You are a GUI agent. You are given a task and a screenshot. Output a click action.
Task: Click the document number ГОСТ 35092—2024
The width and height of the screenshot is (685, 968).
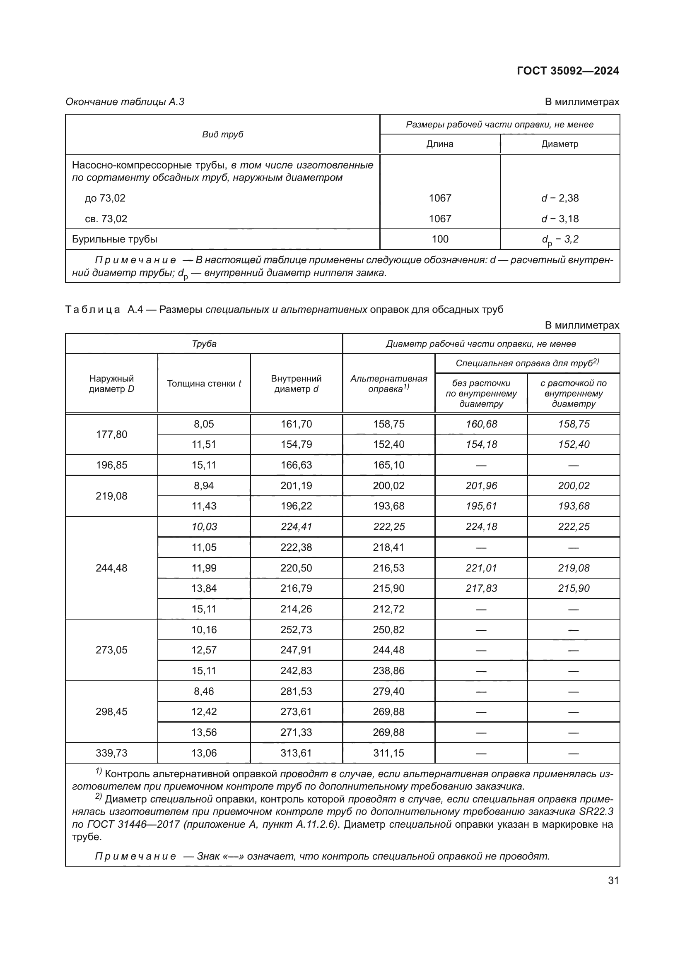(x=568, y=71)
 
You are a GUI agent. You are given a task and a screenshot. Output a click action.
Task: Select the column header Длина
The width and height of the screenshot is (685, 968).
(x=439, y=144)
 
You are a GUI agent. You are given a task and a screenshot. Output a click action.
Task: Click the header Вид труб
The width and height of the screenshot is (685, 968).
(x=222, y=135)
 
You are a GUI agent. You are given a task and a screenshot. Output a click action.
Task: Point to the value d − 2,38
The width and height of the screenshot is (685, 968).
(x=560, y=198)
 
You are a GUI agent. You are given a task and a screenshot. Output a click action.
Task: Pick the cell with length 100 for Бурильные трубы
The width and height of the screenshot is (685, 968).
(x=439, y=240)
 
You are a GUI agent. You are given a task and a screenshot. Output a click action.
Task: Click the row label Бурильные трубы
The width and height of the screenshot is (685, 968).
(x=115, y=240)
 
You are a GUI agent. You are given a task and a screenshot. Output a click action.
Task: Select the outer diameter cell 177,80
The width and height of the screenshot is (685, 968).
(x=111, y=434)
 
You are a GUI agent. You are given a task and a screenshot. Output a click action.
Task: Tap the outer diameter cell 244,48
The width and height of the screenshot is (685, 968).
(x=111, y=568)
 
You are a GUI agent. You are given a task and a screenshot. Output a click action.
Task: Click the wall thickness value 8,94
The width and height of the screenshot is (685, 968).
(x=204, y=486)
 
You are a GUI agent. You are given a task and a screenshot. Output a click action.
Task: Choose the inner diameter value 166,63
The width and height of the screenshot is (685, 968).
(x=296, y=465)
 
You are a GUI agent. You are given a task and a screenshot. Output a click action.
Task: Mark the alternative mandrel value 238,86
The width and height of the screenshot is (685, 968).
(x=388, y=671)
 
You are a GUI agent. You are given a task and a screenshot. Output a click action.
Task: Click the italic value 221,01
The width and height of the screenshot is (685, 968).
(x=481, y=568)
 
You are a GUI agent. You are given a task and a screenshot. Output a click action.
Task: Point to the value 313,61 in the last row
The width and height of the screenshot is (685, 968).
(x=296, y=753)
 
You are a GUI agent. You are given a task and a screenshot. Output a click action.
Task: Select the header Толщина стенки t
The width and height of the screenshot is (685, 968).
(x=204, y=384)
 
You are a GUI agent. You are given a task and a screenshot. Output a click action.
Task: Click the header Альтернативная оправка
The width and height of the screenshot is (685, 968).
(x=388, y=384)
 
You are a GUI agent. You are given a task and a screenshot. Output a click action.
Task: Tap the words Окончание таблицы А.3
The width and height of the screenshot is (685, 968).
(x=125, y=102)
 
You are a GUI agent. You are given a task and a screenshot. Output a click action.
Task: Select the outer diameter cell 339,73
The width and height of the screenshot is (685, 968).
(x=111, y=753)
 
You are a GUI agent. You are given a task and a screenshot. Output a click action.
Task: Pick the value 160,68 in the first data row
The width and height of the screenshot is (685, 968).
(x=481, y=424)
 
